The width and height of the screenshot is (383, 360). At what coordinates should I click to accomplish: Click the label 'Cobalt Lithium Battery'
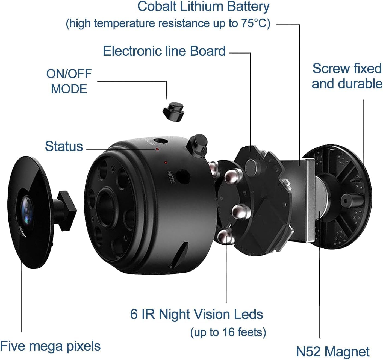203,7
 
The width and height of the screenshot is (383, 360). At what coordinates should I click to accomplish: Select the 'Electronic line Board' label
164,51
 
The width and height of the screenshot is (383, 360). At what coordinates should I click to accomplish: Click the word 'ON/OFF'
69,74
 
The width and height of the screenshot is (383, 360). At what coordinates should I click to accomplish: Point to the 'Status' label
64,146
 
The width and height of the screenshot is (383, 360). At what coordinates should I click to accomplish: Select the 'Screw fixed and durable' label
347,76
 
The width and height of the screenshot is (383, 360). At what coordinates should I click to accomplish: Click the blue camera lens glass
26,211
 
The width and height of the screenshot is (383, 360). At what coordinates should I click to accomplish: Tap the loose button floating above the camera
173,112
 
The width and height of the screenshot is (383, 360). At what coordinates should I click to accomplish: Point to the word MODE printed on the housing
171,177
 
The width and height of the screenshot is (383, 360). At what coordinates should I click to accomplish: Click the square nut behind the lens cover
67,211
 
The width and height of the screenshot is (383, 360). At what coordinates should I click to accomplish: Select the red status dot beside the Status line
157,149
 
